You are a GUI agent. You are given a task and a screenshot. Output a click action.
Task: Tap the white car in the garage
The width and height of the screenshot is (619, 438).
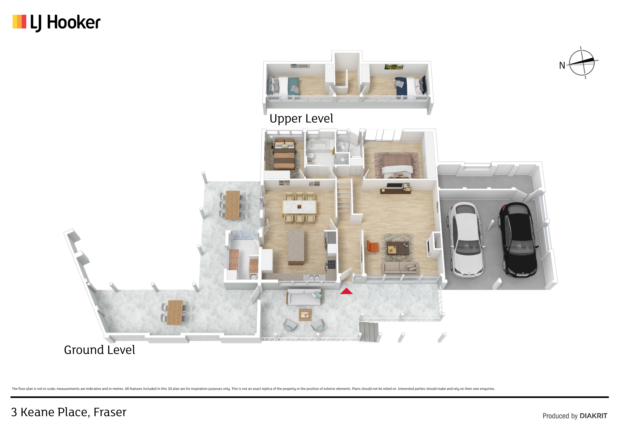coord(466,240)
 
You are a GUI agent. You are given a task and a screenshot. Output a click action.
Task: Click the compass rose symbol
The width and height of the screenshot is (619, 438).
coord(582,63)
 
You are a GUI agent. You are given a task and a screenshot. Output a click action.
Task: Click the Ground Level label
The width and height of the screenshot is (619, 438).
coord(100,350)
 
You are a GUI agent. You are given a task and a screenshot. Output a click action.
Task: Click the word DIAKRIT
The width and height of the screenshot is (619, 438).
coord(593,416)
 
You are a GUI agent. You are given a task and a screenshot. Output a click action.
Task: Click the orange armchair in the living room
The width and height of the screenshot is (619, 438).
coord(372,247)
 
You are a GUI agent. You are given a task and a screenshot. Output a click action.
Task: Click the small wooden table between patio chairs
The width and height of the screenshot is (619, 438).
coord(305,315)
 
